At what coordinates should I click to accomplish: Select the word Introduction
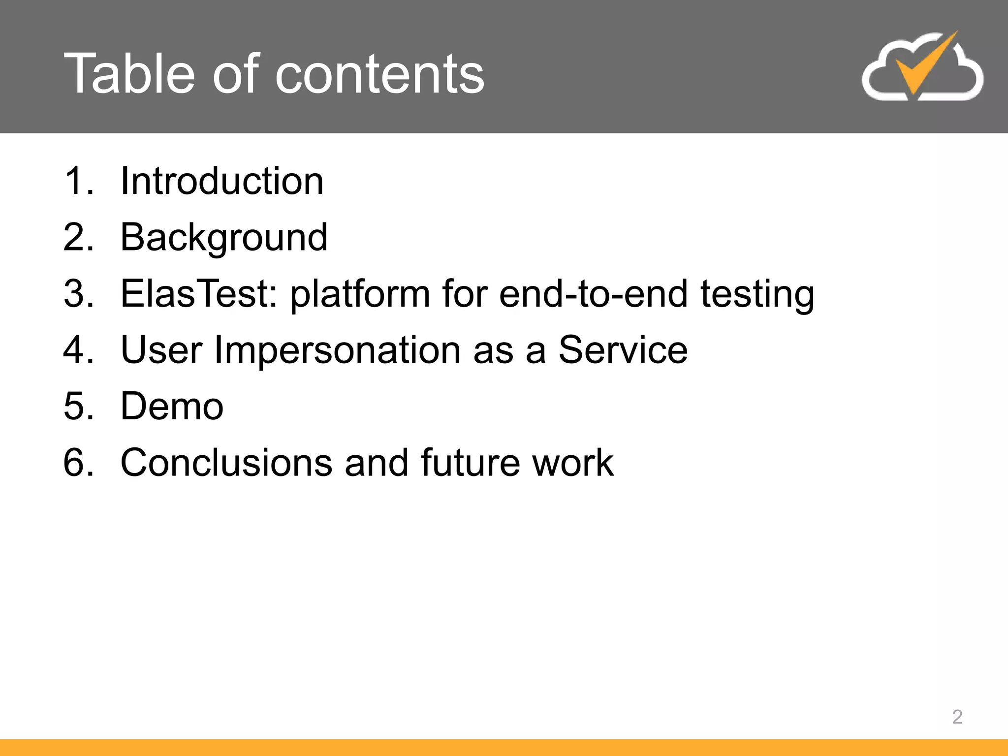click(x=222, y=181)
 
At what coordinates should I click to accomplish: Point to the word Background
click(x=224, y=238)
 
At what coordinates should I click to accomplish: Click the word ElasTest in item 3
click(x=199, y=294)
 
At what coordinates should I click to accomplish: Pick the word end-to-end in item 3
click(x=593, y=294)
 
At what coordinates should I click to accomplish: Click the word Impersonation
click(x=338, y=350)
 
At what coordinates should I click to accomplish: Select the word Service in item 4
click(x=623, y=350)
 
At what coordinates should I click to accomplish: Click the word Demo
click(x=172, y=407)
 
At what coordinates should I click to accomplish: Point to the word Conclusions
click(x=226, y=463)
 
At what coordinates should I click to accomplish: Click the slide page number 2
click(x=957, y=717)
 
